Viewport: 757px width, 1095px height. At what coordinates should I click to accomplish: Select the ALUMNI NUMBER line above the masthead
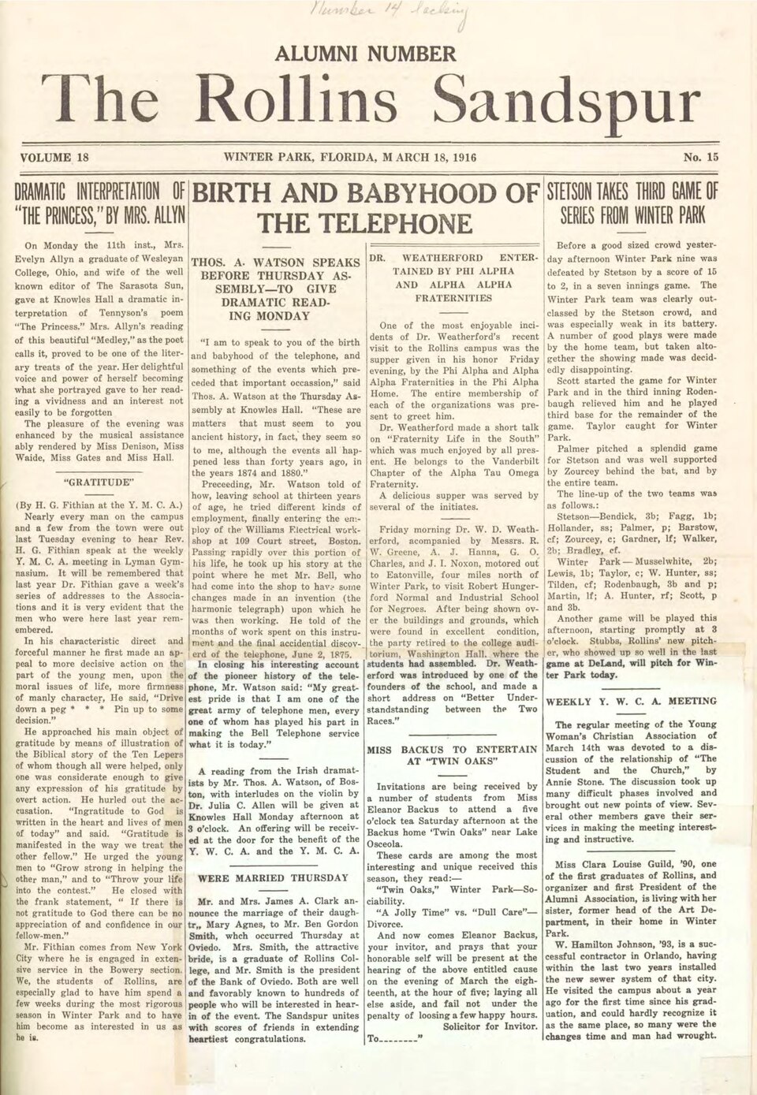(x=365, y=54)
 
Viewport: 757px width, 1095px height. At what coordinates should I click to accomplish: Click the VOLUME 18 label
(x=56, y=157)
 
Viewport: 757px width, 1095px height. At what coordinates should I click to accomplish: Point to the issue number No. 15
(x=701, y=157)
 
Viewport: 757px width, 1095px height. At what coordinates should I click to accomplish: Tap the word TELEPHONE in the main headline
(x=365, y=223)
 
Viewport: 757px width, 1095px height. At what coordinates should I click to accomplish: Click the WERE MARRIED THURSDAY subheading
(x=272, y=877)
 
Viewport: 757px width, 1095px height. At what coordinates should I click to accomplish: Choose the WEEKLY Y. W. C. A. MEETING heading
(x=632, y=700)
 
